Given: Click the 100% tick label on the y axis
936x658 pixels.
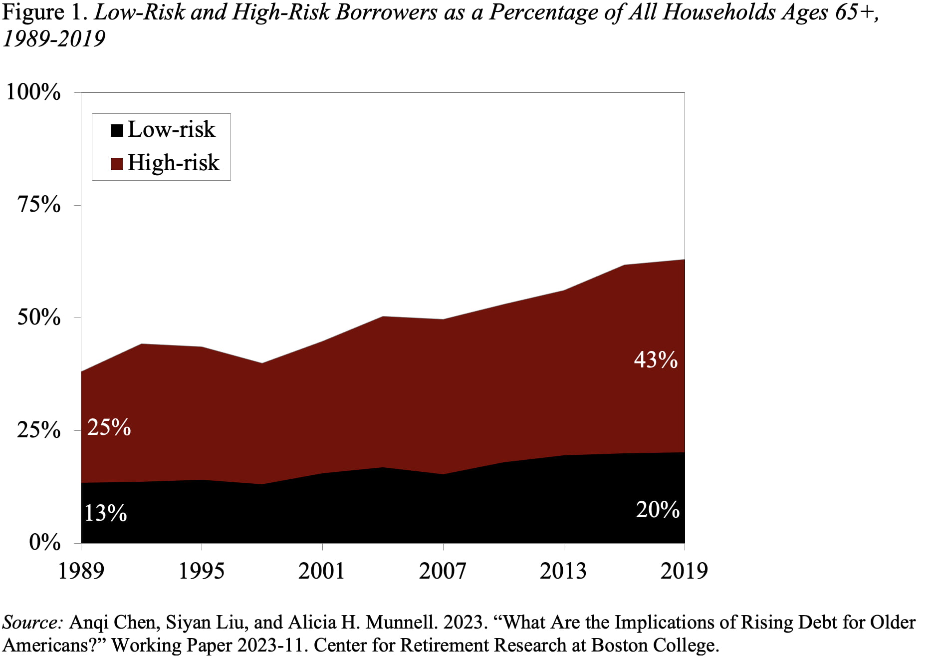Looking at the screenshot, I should pyautogui.click(x=33, y=92).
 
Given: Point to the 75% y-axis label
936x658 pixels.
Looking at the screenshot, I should pyautogui.click(x=39, y=205).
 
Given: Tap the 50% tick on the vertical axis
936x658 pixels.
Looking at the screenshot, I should pyautogui.click(x=39, y=318).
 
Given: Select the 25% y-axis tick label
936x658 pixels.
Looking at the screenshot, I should pyautogui.click(x=39, y=430).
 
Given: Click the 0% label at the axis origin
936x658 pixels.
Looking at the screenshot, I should pyautogui.click(x=45, y=543).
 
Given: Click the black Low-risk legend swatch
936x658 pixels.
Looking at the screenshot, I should pyautogui.click(x=117, y=131).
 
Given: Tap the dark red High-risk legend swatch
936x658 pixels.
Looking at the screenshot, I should pyautogui.click(x=117, y=164).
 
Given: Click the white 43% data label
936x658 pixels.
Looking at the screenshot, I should pyautogui.click(x=656, y=360).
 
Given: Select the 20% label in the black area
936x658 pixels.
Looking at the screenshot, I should pyautogui.click(x=658, y=510).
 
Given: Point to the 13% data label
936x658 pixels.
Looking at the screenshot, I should pyautogui.click(x=105, y=513).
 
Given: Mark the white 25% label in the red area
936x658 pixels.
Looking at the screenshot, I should pyautogui.click(x=109, y=428).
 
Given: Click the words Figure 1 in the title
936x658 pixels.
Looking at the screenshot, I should pyautogui.click(x=45, y=12).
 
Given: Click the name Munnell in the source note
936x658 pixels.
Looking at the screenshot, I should pyautogui.click(x=401, y=623).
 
